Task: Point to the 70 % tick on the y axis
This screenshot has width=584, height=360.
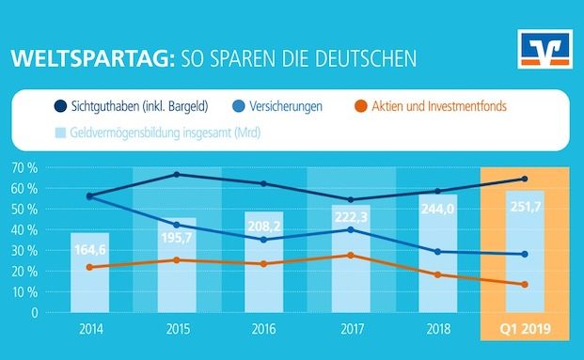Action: click(26, 168)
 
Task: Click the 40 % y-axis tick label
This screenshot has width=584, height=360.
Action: click(26, 230)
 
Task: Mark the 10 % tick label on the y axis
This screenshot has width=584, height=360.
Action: click(26, 292)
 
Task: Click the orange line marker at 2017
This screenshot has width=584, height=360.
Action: click(351, 256)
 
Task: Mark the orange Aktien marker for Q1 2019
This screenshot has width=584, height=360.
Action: click(524, 284)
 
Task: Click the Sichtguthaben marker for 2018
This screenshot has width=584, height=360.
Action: click(437, 191)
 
